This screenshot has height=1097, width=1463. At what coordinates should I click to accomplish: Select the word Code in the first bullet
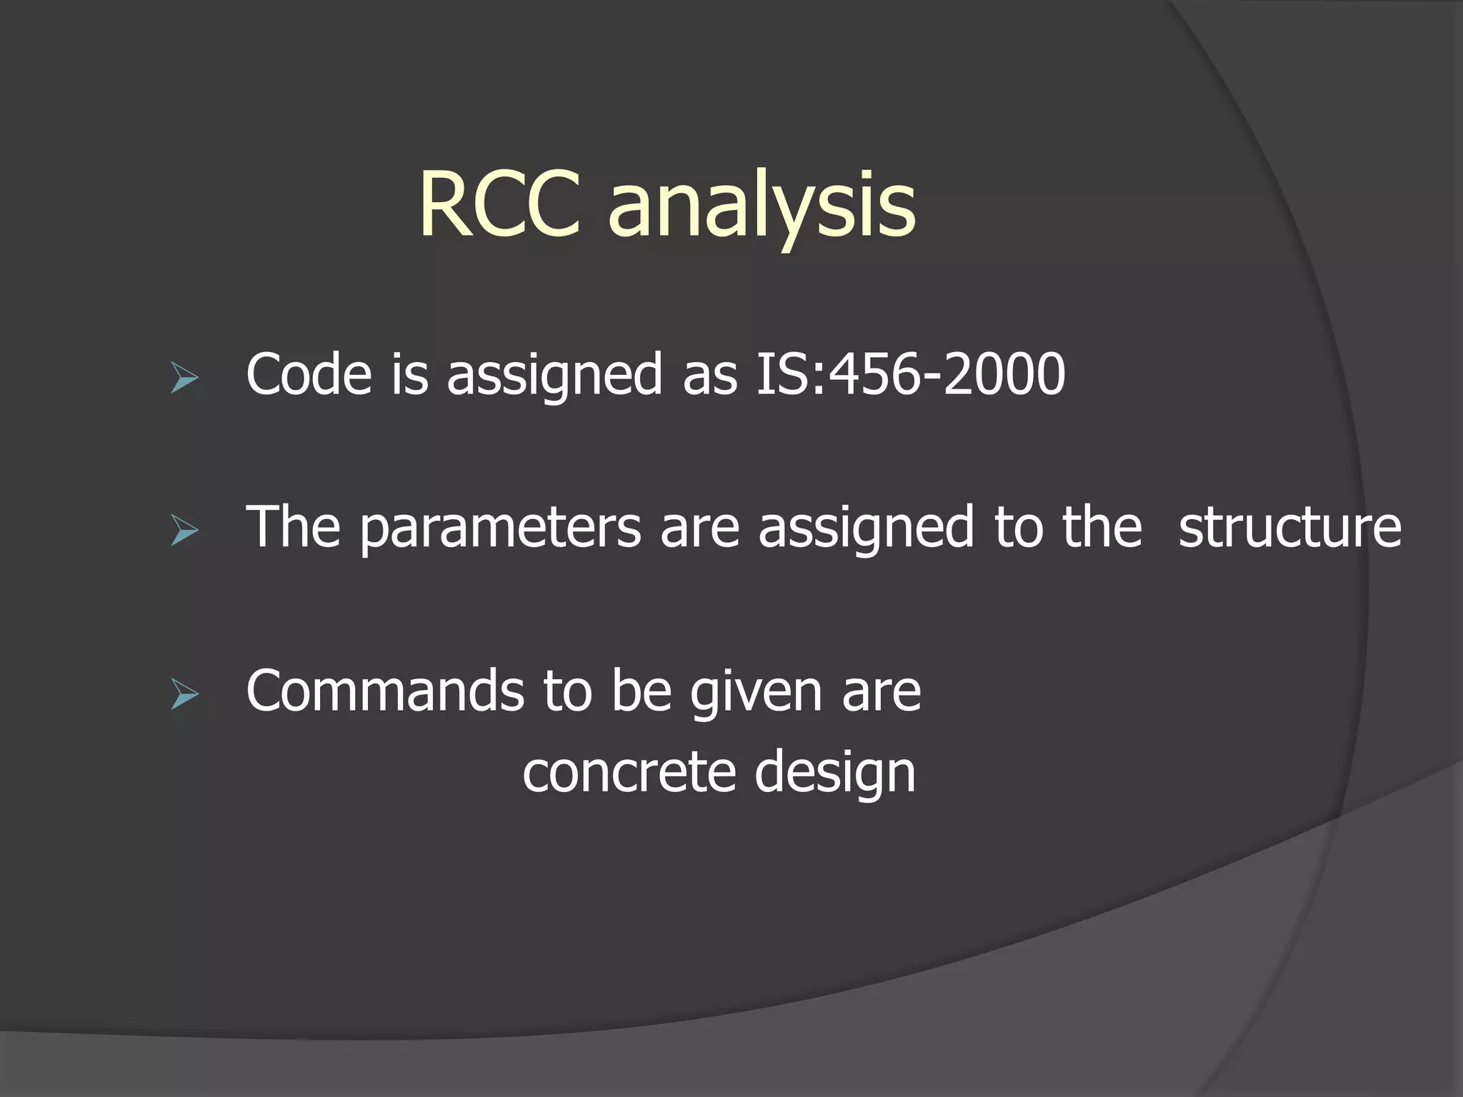309,374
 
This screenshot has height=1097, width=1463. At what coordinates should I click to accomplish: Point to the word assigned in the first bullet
554,376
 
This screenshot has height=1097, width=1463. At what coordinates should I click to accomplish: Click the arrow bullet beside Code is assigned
184,378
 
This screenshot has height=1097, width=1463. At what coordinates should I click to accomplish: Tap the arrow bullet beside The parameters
184,531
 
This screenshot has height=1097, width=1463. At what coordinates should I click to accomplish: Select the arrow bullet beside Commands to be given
184,695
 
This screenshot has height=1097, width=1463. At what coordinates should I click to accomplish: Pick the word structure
1289,527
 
